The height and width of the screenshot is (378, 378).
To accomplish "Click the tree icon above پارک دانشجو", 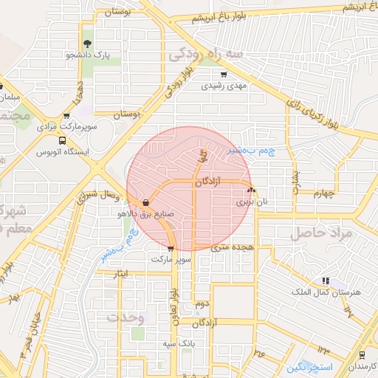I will [x=88, y=44].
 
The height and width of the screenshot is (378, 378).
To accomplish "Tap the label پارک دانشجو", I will [x=86, y=55].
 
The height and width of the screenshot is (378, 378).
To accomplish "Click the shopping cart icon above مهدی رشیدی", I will [x=224, y=75].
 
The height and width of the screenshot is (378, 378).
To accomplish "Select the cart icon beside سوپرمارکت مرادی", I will [x=67, y=116].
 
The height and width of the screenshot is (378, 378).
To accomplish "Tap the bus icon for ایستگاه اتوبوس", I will [x=62, y=140].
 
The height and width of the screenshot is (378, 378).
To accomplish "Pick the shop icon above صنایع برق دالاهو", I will [x=145, y=202].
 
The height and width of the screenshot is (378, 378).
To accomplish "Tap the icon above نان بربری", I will [x=251, y=190].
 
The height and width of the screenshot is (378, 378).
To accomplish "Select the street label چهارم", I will [x=323, y=194].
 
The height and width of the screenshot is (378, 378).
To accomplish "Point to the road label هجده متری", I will [x=233, y=247].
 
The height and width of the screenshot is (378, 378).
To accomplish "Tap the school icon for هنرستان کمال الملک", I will [x=325, y=281].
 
